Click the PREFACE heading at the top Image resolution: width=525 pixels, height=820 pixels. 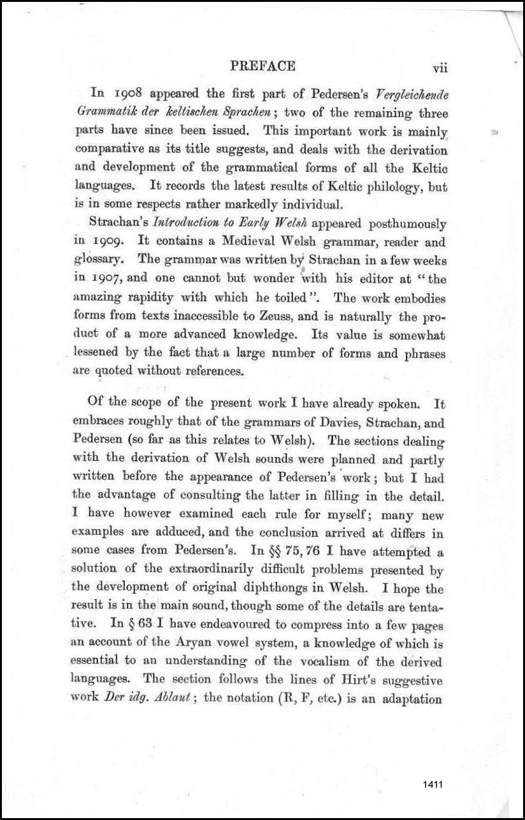(262, 66)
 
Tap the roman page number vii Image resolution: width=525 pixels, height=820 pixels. (440, 68)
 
